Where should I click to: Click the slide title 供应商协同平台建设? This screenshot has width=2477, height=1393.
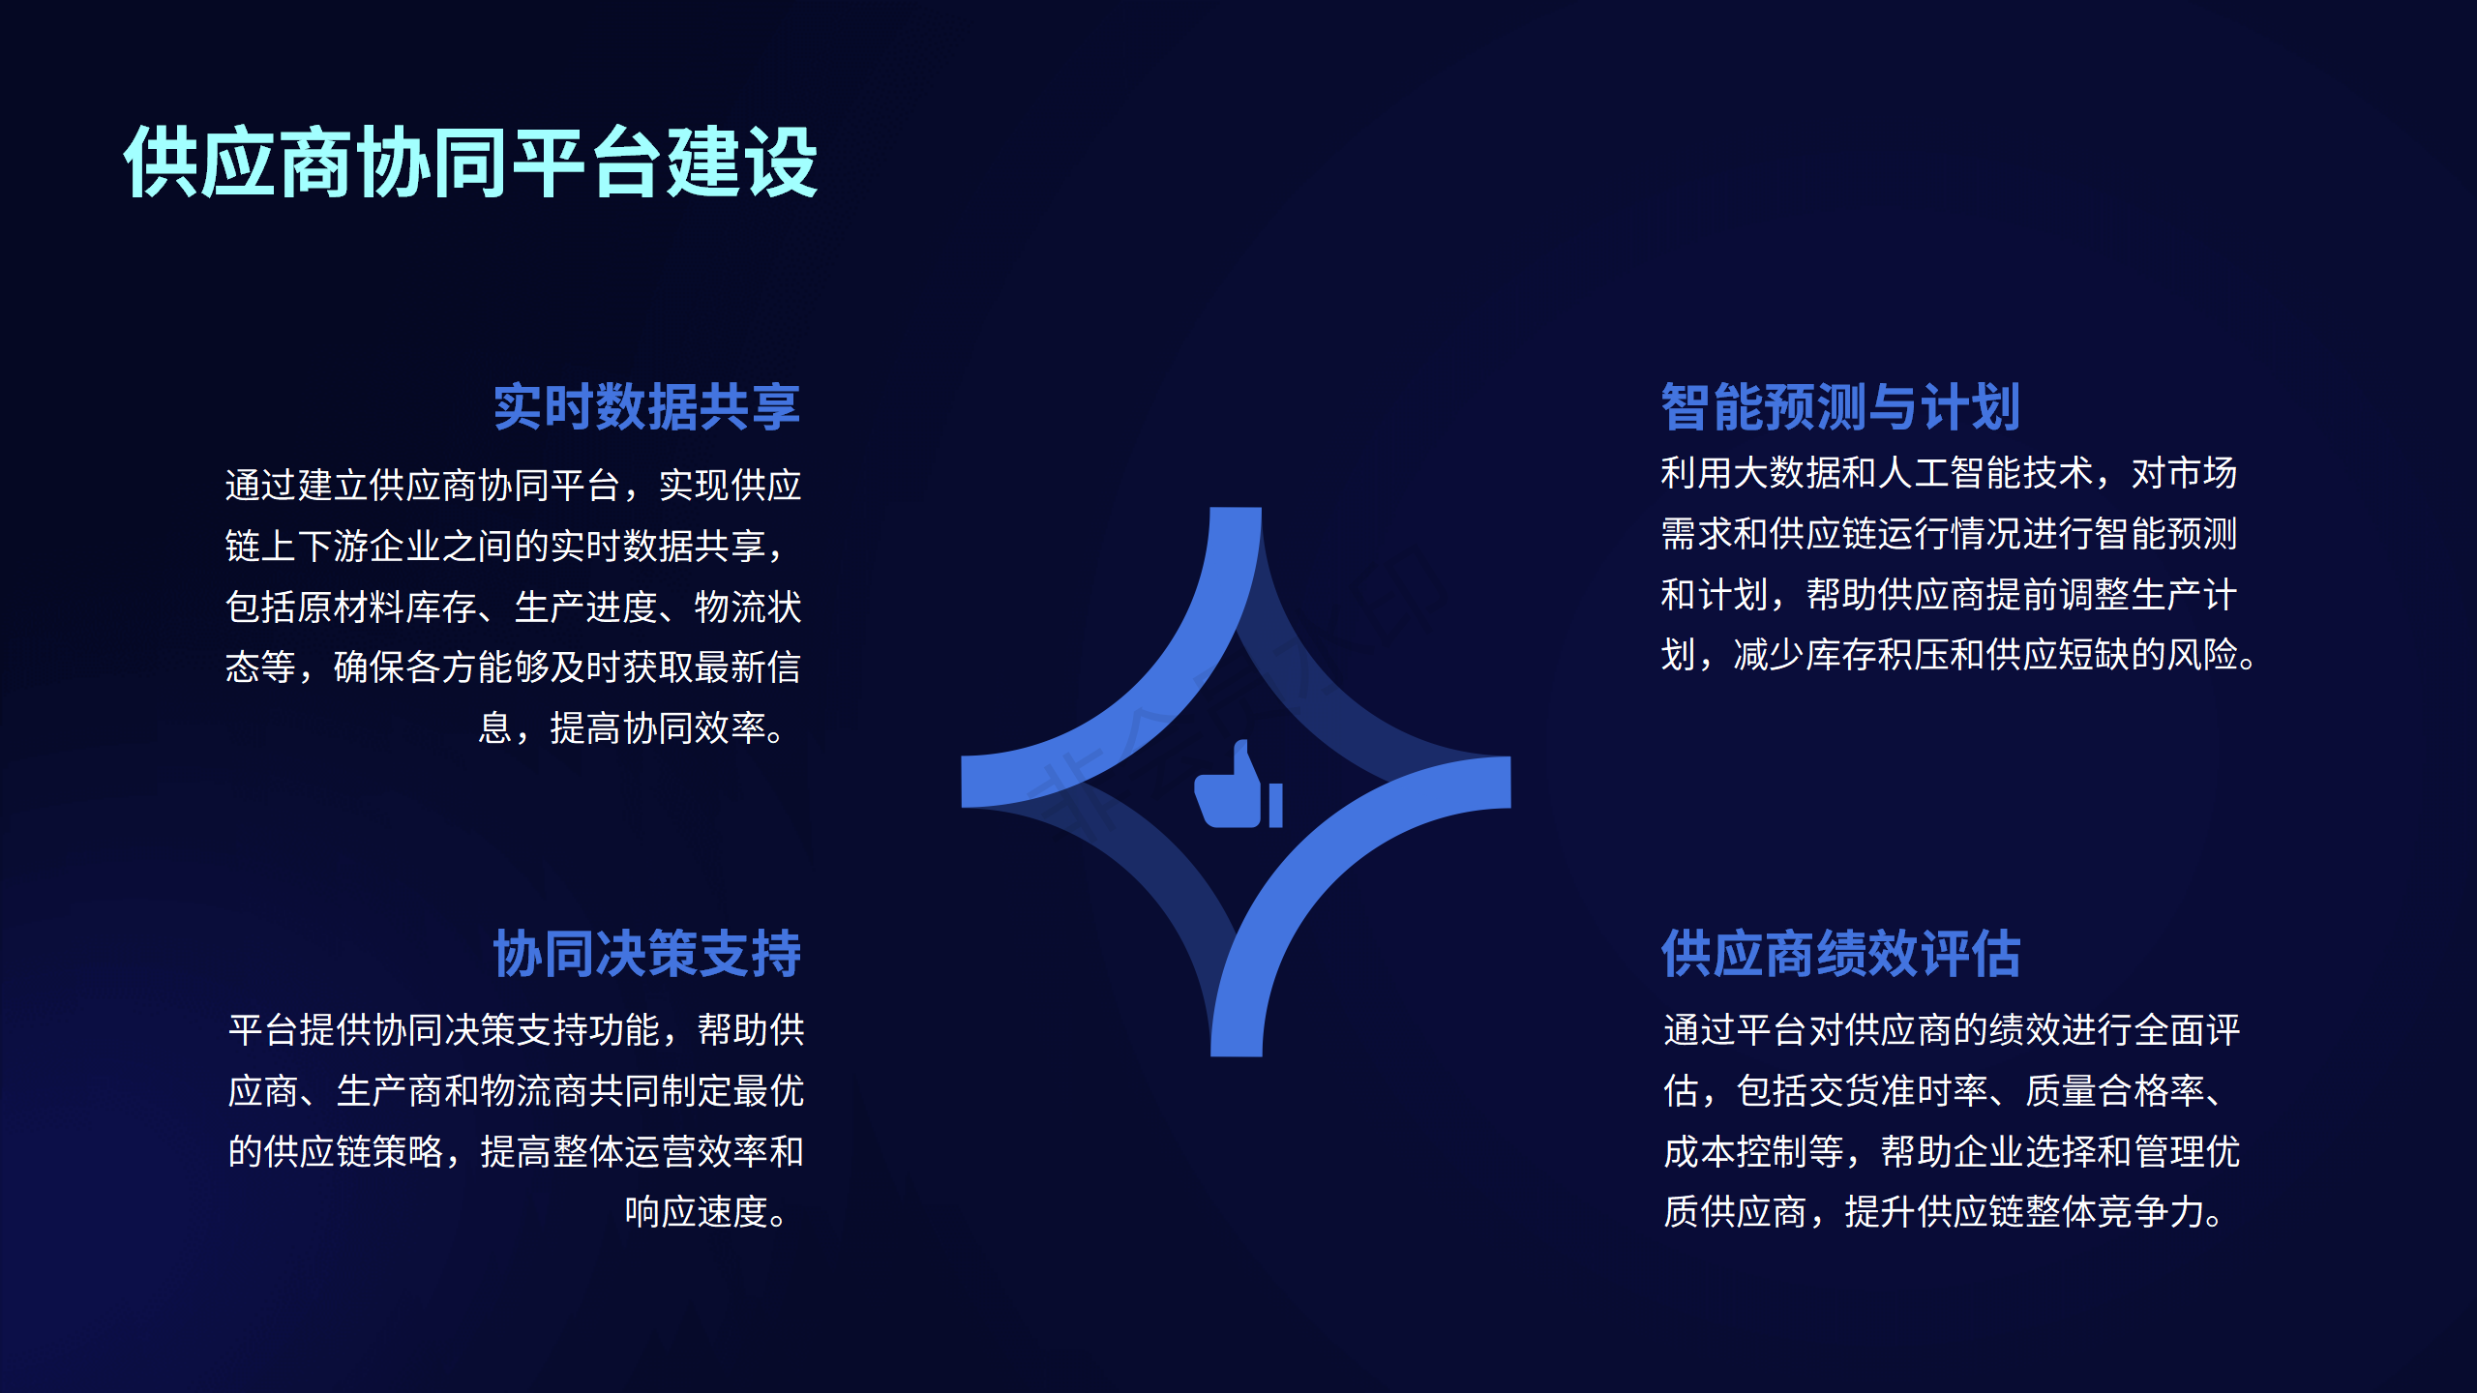(x=471, y=163)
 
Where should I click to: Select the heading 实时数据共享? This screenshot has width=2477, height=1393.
(x=647, y=406)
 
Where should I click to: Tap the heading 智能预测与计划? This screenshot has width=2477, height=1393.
(x=1840, y=406)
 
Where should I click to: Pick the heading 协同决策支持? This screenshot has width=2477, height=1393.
(x=647, y=954)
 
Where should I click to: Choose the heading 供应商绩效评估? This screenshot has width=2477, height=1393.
(x=1841, y=954)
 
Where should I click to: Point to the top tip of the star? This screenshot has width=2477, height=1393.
(x=1236, y=509)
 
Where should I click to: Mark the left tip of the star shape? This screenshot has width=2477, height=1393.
(x=963, y=782)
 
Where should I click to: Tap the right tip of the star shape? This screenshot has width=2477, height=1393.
(x=1509, y=782)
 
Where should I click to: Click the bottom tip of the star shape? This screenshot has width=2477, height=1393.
(x=1237, y=1054)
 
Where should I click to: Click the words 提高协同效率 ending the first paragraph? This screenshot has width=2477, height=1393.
(x=658, y=727)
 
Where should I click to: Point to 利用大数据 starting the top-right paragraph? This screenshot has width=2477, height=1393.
(x=1751, y=473)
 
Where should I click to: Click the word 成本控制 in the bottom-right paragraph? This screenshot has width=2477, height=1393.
(x=1736, y=1151)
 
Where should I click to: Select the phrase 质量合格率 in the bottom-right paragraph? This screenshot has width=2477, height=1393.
(x=2116, y=1090)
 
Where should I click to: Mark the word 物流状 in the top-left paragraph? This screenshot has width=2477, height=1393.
(x=748, y=607)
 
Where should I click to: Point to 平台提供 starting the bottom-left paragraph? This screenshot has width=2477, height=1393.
(x=300, y=1029)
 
